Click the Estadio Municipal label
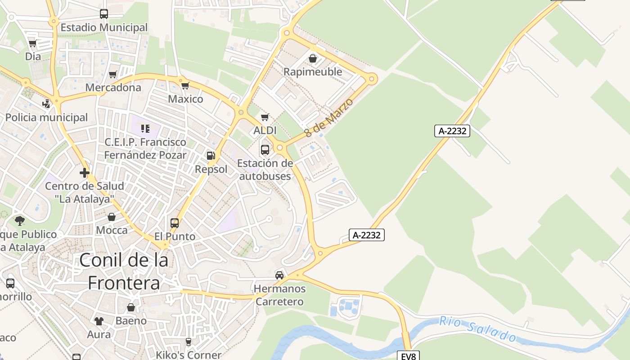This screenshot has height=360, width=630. tap(104, 27)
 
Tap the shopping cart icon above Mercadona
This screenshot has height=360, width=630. tap(112, 74)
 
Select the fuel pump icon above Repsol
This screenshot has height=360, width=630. tap(211, 156)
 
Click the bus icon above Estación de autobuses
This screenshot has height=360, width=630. tap(265, 149)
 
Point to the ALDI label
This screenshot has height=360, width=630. tap(265, 130)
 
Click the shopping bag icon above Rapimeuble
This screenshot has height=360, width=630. tap(313, 58)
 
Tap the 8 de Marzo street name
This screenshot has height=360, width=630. tap(328, 118)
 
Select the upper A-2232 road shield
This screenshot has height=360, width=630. tap(452, 131)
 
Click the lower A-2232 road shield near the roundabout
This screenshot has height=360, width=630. tap(367, 234)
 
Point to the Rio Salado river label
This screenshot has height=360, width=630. tap(477, 328)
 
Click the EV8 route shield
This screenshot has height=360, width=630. tap(409, 356)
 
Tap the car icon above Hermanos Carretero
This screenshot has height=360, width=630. tap(279, 275)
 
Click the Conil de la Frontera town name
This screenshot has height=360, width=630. tap(124, 271)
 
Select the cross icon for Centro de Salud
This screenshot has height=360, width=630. tap(84, 173)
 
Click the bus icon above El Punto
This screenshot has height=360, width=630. tap(175, 223)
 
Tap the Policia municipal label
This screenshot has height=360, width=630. tap(47, 117)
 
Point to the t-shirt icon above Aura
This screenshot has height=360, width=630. tap(99, 321)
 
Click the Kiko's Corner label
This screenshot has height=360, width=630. tap(189, 355)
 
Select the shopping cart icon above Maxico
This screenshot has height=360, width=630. tap(185, 85)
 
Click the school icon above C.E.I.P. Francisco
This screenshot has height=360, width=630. tap(145, 129)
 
